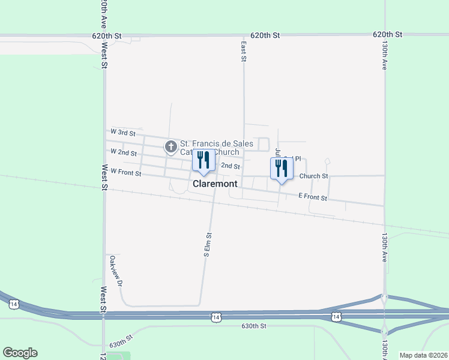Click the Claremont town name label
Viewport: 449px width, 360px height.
[x=215, y=184]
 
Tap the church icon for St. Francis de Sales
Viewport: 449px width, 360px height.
[x=171, y=146]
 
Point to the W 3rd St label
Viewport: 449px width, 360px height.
[x=124, y=131]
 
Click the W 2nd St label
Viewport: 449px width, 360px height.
[x=124, y=152]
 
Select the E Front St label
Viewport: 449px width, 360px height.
[x=312, y=197]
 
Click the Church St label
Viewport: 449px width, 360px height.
[x=313, y=176]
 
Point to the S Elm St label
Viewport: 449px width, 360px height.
[x=208, y=245]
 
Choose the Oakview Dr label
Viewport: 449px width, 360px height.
[x=116, y=271]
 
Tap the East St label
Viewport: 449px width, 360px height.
[x=244, y=51]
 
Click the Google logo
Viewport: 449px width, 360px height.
[x=20, y=353]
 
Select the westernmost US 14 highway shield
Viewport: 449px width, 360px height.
[x=14, y=305]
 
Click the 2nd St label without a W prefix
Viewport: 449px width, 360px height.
[x=231, y=166]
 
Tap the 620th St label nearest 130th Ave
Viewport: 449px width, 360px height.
[x=387, y=35]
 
